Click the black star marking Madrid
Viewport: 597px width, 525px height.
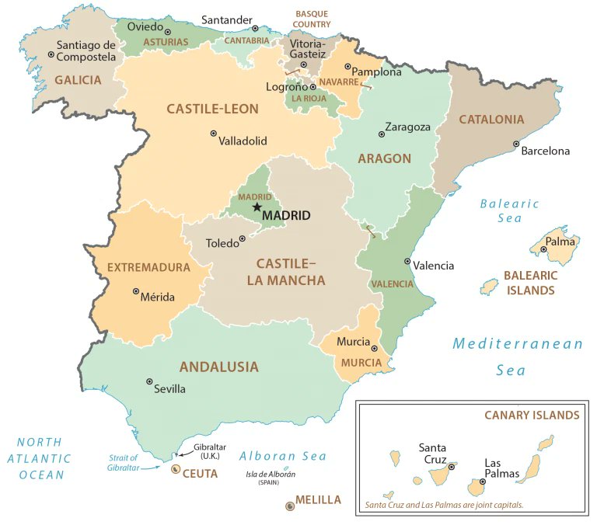[x=257, y=207]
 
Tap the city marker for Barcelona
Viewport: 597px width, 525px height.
[x=516, y=144]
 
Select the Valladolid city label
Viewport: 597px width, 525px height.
[x=243, y=141]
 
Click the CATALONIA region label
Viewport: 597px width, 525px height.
[x=491, y=120]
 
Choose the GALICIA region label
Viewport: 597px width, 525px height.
[x=78, y=79]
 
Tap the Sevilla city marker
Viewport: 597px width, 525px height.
[x=149, y=381]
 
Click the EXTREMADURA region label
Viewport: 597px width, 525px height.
[x=148, y=267]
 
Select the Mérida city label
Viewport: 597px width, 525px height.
[x=159, y=297]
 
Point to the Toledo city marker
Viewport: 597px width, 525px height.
[x=243, y=238]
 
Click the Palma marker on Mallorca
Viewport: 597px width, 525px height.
[x=544, y=249]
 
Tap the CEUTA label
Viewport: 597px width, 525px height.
[x=200, y=472]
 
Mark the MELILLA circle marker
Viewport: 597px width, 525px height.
[x=290, y=506]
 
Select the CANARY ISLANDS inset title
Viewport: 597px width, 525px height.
[x=532, y=415]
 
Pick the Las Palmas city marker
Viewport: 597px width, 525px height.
[x=483, y=482]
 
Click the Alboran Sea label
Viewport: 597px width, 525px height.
[x=282, y=456]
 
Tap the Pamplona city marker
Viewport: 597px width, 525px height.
[x=347, y=67]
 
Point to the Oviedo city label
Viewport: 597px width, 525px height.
[x=146, y=26]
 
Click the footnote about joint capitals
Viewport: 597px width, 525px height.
[x=444, y=504]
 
